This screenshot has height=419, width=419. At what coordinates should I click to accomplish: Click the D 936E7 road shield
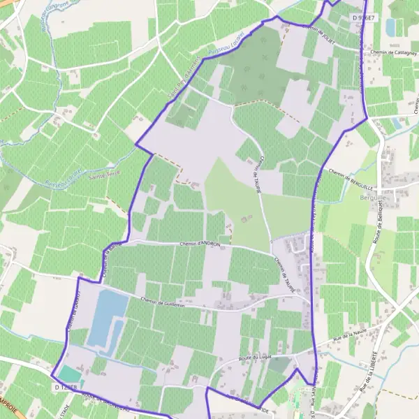(x=364, y=17)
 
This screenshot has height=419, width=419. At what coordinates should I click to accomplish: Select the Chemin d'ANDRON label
(x=200, y=244)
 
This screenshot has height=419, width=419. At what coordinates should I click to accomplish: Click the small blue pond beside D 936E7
(x=390, y=27)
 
